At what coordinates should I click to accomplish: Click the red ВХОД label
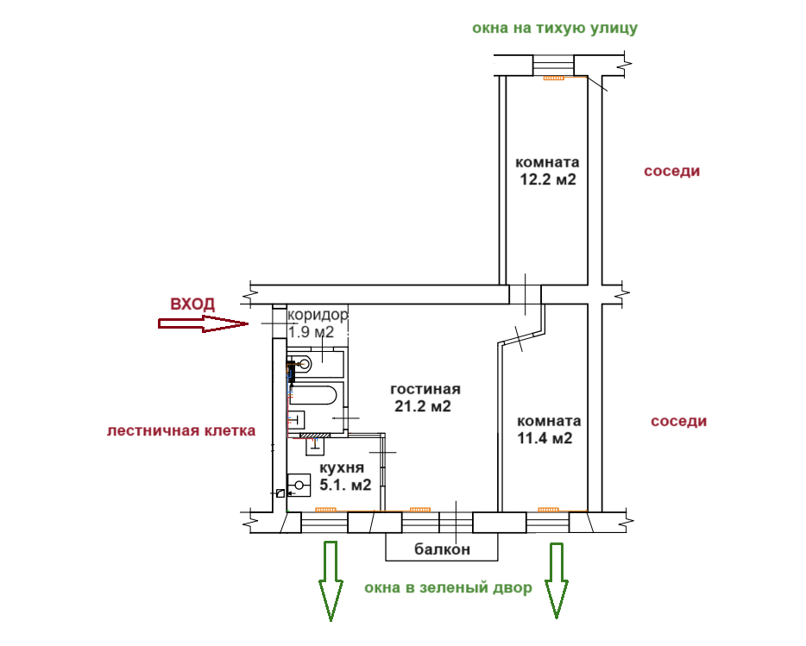pyautogui.click(x=192, y=304)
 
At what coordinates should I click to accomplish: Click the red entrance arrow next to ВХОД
pyautogui.click(x=201, y=324)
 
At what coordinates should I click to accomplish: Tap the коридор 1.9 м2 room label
pyautogui.click(x=317, y=323)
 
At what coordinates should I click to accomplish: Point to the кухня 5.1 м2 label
pyautogui.click(x=345, y=476)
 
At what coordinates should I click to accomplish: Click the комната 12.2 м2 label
pyautogui.click(x=547, y=171)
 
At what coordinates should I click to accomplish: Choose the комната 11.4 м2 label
pyautogui.click(x=548, y=430)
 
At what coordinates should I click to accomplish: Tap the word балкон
pyautogui.click(x=441, y=549)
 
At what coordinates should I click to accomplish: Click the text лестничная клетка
pyautogui.click(x=181, y=430)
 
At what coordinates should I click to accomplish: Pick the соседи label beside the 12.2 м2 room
pyautogui.click(x=671, y=171)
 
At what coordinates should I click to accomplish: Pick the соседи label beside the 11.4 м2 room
pyautogui.click(x=678, y=421)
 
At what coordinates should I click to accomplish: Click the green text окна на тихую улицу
pyautogui.click(x=555, y=28)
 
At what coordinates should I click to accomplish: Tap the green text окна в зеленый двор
pyautogui.click(x=448, y=588)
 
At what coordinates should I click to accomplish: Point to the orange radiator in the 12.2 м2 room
pyautogui.click(x=552, y=78)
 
